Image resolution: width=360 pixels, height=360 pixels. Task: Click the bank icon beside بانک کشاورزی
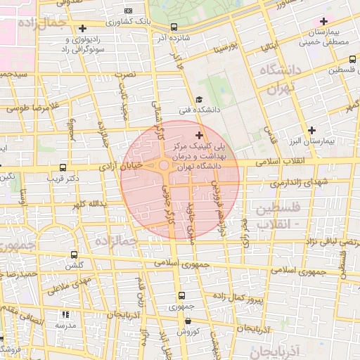click(x=127, y=11)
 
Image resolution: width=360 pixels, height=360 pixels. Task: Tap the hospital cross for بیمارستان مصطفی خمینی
click(x=324, y=22)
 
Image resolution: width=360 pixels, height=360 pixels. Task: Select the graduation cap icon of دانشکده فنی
click(x=199, y=100)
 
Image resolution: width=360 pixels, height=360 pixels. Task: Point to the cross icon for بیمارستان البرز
click(x=311, y=130)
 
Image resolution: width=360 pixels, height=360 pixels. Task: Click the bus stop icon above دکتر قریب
click(x=63, y=168)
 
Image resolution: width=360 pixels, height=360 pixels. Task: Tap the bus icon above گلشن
click(x=75, y=255)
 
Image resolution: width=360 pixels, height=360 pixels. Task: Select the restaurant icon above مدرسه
click(x=65, y=315)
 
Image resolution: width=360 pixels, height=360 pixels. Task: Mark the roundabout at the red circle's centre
click(x=164, y=166)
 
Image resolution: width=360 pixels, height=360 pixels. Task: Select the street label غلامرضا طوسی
click(x=25, y=108)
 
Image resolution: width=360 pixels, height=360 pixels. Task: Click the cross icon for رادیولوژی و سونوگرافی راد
click(x=84, y=29)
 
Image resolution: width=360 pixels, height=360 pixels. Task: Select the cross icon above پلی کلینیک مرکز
click(x=199, y=134)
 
